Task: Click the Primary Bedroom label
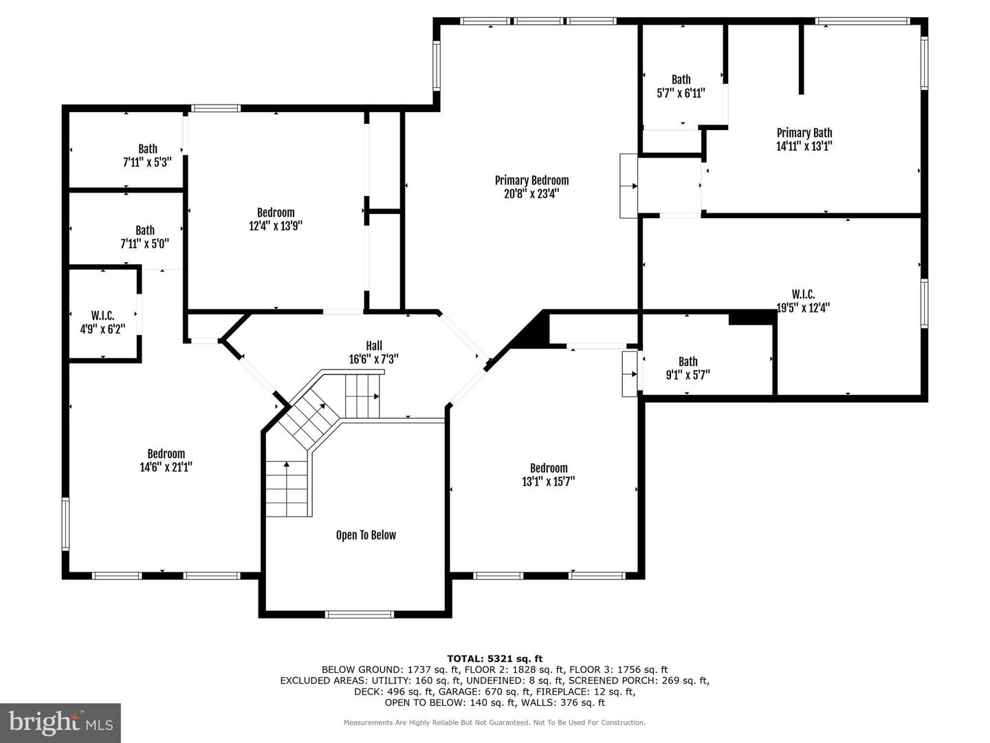tap(531, 181)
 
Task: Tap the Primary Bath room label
tap(804, 133)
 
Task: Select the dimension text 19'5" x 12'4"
tap(802, 308)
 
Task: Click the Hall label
tap(373, 346)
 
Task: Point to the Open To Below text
tap(366, 535)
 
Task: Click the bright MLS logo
tap(60, 722)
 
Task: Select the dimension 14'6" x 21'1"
tap(166, 467)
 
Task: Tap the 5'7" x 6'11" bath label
tap(681, 87)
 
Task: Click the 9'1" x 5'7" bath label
tap(687, 369)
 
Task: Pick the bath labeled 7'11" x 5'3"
tap(147, 155)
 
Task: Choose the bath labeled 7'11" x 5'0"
tap(144, 237)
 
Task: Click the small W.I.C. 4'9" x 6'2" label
tap(102, 322)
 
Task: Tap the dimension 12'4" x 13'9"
tap(276, 226)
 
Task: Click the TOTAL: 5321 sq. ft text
tap(494, 658)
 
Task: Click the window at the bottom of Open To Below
tap(359, 614)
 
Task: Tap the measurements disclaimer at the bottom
tap(494, 722)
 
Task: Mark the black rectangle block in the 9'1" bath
tap(752, 317)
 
